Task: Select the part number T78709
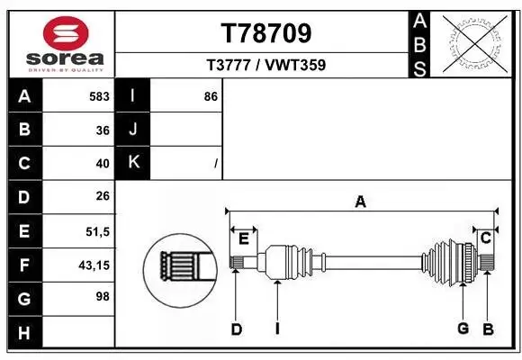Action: point(266,32)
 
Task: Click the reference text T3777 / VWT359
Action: point(266,65)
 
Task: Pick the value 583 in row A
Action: point(99,96)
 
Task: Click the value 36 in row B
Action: point(103,130)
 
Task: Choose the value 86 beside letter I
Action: point(211,96)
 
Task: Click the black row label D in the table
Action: point(24,197)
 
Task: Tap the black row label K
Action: point(133,163)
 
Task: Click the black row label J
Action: point(133,130)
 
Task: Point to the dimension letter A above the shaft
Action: point(360,202)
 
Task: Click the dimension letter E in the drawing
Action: point(243,238)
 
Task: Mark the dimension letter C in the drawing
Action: point(485,238)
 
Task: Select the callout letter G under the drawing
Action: point(463,328)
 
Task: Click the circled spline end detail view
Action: point(180,267)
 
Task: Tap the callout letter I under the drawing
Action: point(277,328)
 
